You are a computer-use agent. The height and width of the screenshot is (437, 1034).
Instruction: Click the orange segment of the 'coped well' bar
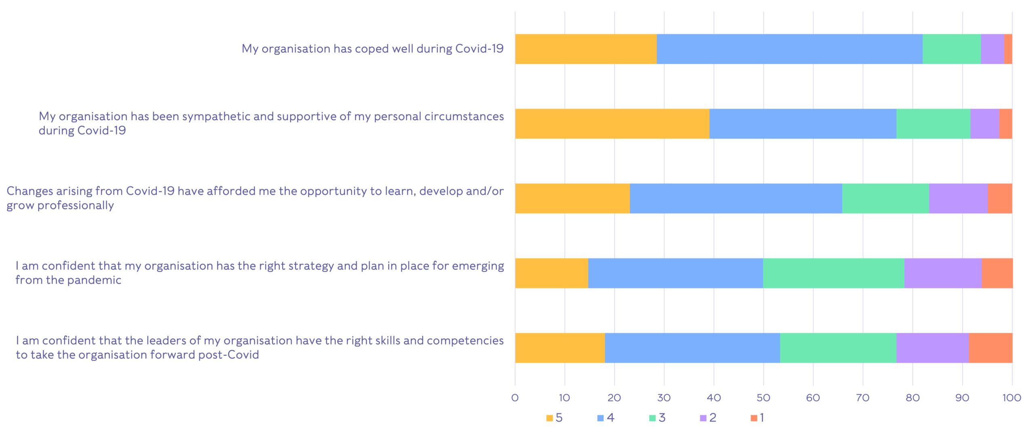[x=586, y=49]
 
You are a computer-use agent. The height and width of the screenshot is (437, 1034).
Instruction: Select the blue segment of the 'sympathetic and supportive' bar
[x=803, y=124]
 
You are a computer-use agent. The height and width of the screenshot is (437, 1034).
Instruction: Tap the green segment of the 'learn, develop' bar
[x=885, y=198]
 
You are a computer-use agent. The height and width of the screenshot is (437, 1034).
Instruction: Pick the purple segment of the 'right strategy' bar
[x=943, y=273]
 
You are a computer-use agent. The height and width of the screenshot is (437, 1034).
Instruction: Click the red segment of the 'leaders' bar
[x=990, y=348]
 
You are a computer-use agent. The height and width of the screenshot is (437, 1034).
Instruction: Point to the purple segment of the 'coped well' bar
[x=992, y=49]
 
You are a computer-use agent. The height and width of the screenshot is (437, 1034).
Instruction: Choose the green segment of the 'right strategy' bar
[x=833, y=273]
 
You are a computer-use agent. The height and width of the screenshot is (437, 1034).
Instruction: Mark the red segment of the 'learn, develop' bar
[x=1000, y=198]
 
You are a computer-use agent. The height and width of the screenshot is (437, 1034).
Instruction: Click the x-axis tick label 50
[x=763, y=398]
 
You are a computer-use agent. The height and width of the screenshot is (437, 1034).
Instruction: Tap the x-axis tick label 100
[x=1012, y=398]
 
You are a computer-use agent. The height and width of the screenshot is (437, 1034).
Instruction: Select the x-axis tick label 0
[x=515, y=398]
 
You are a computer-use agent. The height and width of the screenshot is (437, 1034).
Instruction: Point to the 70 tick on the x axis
[x=863, y=398]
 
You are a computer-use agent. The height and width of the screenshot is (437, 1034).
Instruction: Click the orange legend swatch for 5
[x=549, y=418]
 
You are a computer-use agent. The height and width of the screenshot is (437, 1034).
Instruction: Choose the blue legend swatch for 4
[x=601, y=418]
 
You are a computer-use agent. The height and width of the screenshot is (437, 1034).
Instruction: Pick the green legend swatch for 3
[x=652, y=418]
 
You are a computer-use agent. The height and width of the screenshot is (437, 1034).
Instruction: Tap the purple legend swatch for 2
[x=703, y=418]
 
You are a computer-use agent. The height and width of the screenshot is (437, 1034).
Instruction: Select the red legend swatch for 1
[x=754, y=418]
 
